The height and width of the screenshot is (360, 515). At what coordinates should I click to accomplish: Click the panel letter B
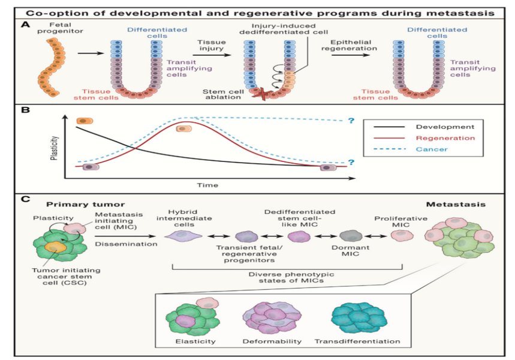[x=25, y=110]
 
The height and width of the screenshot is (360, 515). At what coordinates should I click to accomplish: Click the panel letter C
[x=25, y=198]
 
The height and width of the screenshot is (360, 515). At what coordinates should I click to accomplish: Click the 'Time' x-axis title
[x=209, y=185]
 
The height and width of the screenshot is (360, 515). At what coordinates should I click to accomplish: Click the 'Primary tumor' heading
[x=64, y=204]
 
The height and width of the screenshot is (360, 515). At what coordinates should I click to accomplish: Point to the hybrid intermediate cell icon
[x=182, y=237]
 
